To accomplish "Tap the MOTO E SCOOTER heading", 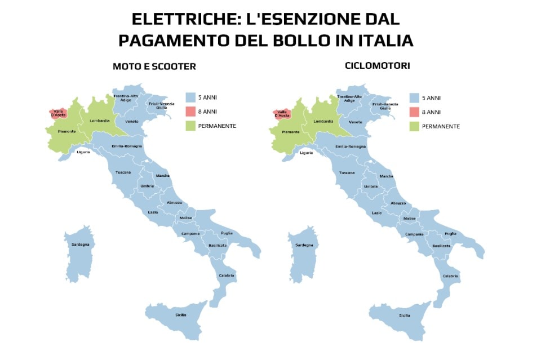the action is pos(154,66).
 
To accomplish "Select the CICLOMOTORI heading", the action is pos(377,66).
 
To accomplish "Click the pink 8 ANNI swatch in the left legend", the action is pos(190,111).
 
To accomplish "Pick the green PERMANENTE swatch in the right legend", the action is pos(414,126).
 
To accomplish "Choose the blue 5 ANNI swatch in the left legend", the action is pos(190,96).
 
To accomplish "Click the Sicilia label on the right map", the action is pos(404,315).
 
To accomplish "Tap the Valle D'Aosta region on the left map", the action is pos(59,113).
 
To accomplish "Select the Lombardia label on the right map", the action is pos(323,121).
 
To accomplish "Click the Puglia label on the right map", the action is pos(450,233).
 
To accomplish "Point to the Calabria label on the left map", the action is pos(227,275).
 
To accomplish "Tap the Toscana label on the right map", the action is pos(347,172).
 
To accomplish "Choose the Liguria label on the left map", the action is pos(83,152).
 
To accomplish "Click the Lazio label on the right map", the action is pos(377,212).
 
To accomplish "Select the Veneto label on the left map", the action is pos(132,121).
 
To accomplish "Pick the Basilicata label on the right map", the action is pos(441,246).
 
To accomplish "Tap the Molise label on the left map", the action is pos(186,218).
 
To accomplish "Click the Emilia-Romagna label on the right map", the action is pos(351,146).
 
